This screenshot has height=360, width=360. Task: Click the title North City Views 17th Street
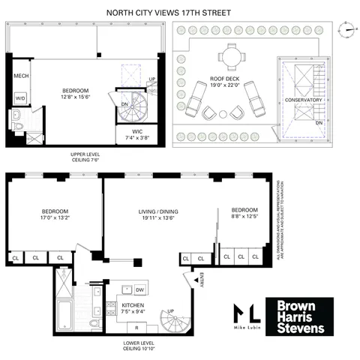[x=178, y=12]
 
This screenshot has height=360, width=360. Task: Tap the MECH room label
[x=20, y=77]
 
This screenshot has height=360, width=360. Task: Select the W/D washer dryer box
[x=19, y=97]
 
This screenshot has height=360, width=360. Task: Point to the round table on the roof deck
[x=230, y=55]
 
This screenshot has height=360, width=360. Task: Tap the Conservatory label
[x=304, y=100]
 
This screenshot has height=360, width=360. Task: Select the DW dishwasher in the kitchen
[x=139, y=289]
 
